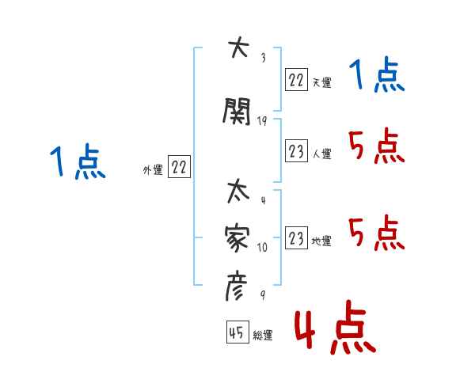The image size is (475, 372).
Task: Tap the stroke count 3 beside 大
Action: (x=263, y=57)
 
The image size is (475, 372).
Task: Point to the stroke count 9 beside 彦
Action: (x=262, y=294)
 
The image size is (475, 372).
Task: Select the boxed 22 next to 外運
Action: (x=180, y=167)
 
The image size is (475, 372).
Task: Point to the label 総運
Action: (x=263, y=336)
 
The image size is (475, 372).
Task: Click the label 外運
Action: (x=152, y=169)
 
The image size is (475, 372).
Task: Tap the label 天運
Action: (x=321, y=82)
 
